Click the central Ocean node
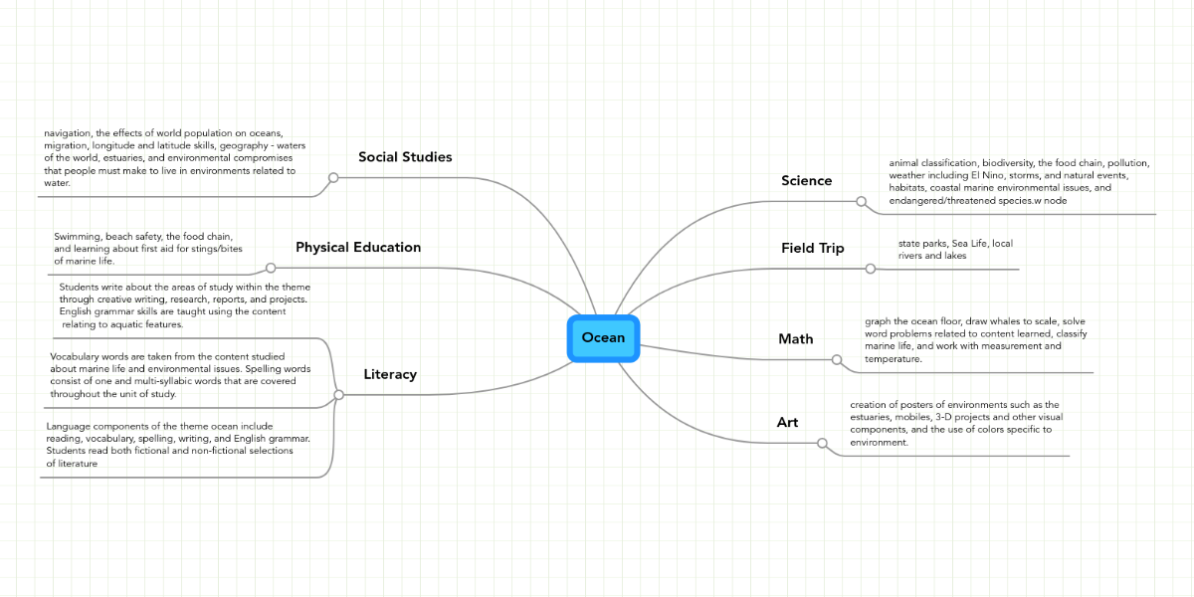[603, 337]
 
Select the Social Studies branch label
[405, 157]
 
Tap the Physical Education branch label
[358, 247]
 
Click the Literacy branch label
[390, 374]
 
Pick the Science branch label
[806, 180]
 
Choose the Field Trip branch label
[812, 248]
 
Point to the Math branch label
[795, 338]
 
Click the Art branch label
[787, 422]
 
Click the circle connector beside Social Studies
[333, 178]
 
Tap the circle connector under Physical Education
[270, 268]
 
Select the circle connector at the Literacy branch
[338, 395]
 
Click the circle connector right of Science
[862, 201]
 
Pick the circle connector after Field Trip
[871, 269]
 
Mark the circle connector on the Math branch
[837, 359]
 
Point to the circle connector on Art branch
[822, 443]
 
